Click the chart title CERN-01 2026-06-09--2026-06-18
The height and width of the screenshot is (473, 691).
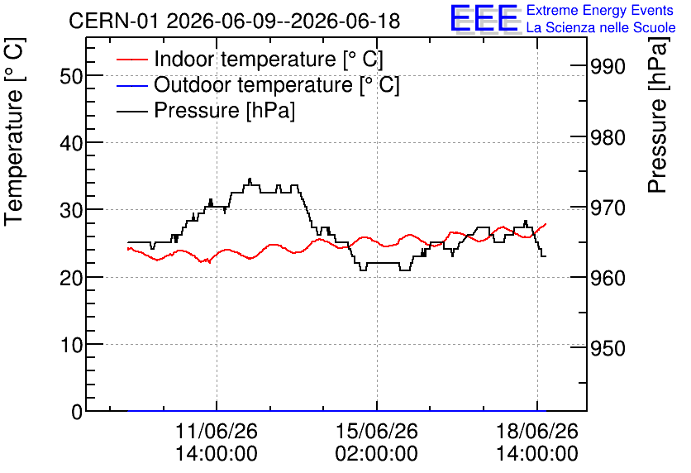click(235, 21)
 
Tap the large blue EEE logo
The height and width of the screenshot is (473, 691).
click(484, 18)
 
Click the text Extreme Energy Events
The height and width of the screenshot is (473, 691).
click(600, 10)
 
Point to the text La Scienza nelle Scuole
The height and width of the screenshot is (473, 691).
click(601, 27)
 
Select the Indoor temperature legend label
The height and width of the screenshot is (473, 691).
click(269, 59)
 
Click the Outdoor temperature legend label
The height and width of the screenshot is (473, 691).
click(276, 84)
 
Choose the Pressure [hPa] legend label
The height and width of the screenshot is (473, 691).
click(224, 110)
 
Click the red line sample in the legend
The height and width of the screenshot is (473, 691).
click(132, 60)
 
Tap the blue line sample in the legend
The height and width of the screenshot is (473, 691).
click(132, 85)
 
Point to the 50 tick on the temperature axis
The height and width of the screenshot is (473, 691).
click(71, 76)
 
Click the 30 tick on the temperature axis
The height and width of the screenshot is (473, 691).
click(71, 210)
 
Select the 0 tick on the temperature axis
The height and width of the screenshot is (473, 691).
click(77, 412)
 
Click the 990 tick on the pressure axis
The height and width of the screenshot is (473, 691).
click(608, 67)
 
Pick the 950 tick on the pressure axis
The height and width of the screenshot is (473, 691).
click(608, 349)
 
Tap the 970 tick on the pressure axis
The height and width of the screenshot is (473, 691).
click(608, 208)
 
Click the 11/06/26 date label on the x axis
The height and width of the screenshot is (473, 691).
click(217, 431)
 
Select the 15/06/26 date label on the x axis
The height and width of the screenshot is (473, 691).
click(377, 431)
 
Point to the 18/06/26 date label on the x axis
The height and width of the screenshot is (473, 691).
click(537, 431)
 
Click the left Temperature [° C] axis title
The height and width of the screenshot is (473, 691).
click(15, 131)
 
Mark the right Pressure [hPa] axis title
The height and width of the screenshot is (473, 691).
click(657, 115)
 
